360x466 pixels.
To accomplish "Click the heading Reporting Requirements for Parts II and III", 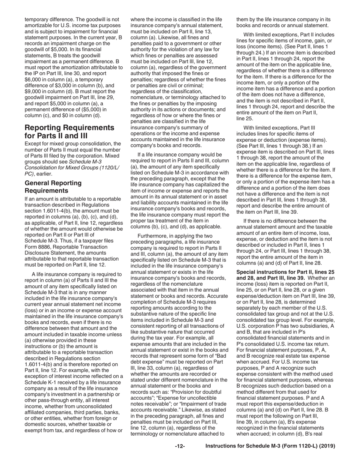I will coord(69,131).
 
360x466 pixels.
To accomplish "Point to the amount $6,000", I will coord(33,80).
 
